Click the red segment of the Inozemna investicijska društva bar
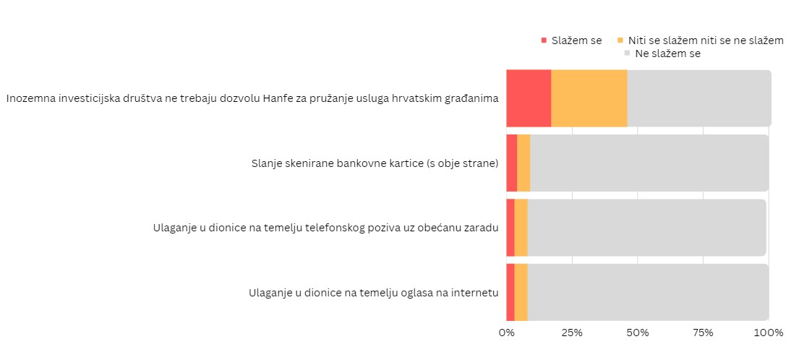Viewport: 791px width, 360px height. (x=529, y=98)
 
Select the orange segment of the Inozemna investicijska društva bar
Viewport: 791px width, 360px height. (x=589, y=98)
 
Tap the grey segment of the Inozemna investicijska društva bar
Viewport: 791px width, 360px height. (x=698, y=98)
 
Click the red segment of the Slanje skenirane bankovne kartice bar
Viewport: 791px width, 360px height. (x=512, y=163)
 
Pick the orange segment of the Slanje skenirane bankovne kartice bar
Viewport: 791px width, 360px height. (x=523, y=163)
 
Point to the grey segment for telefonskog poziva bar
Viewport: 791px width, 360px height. (x=646, y=228)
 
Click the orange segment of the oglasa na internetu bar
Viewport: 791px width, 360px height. (x=521, y=292)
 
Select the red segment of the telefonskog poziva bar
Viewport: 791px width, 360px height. (x=510, y=228)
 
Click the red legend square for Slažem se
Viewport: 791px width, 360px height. (x=544, y=40)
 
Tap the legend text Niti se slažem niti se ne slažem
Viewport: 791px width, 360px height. (x=706, y=40)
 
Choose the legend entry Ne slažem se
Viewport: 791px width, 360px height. (x=667, y=53)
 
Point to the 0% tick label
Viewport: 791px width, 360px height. (x=506, y=333)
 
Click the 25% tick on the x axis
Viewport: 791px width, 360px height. (x=572, y=333)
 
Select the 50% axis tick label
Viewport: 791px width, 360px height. (x=638, y=333)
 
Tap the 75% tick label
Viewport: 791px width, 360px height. (x=703, y=333)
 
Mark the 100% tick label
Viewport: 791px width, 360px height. (x=769, y=333)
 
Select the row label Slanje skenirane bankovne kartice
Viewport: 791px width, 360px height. (x=375, y=163)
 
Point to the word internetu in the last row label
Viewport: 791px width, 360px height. (x=474, y=293)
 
